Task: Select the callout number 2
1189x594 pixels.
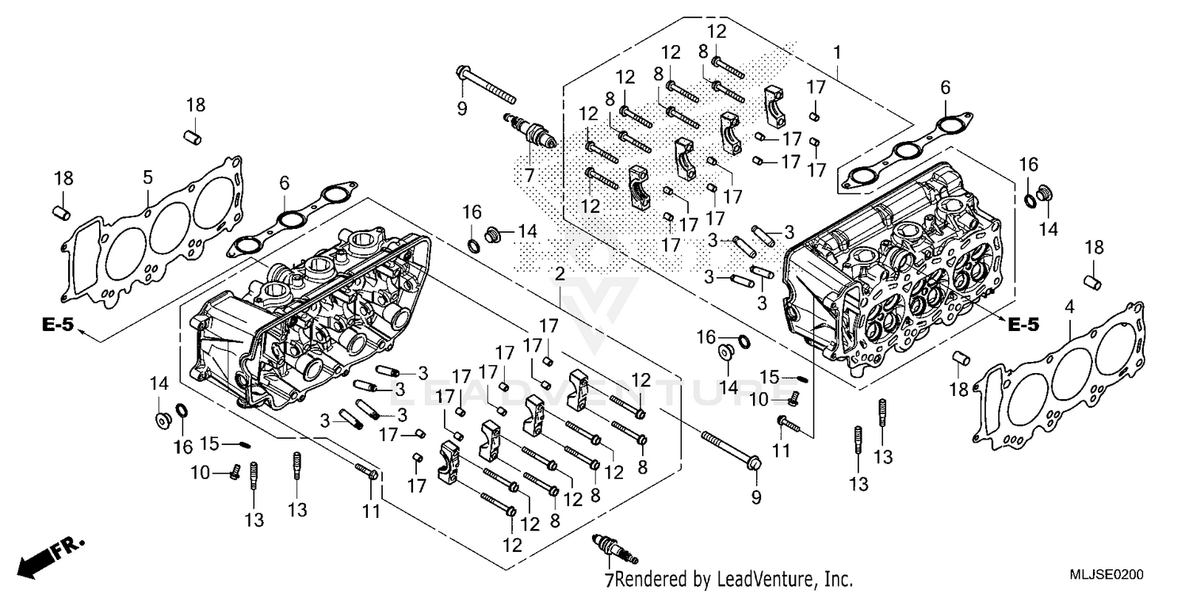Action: [x=560, y=275]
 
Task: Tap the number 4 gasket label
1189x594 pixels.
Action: [x=1070, y=305]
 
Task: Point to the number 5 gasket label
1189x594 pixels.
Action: [x=147, y=177]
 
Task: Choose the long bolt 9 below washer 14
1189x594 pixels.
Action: [x=728, y=449]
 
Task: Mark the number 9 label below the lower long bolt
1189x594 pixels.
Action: [x=755, y=497]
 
